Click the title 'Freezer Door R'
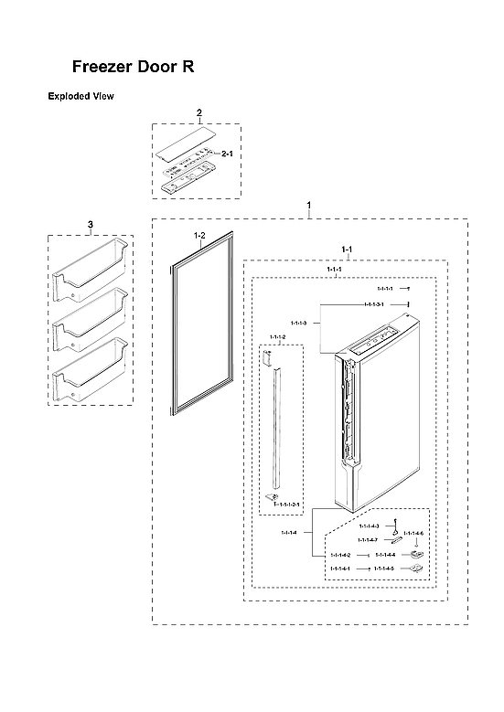pyautogui.click(x=134, y=68)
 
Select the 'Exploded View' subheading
pyautogui.click(x=80, y=96)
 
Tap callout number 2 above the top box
pyautogui.click(x=198, y=112)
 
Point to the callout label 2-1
pyautogui.click(x=228, y=154)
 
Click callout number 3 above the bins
pyautogui.click(x=90, y=224)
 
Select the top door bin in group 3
pyautogui.click(x=90, y=271)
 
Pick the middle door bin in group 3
pyautogui.click(x=90, y=322)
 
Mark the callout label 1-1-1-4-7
pyautogui.click(x=369, y=539)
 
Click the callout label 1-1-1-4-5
pyautogui.click(x=384, y=569)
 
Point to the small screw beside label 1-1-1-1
pyautogui.click(x=409, y=289)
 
